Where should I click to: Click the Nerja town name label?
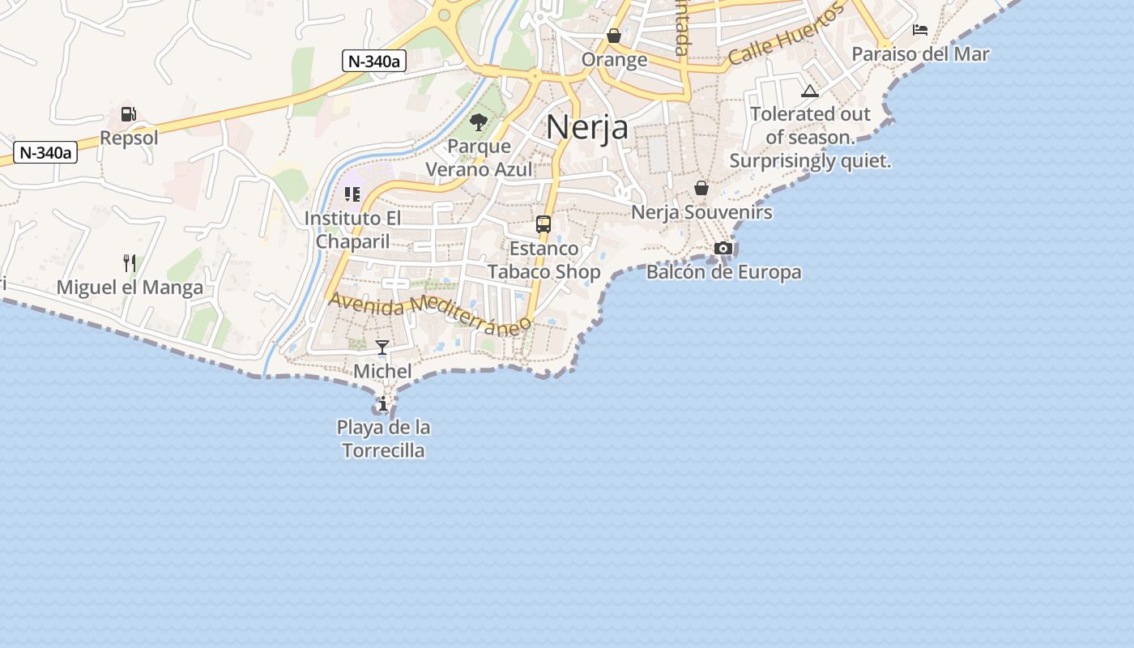(587, 127)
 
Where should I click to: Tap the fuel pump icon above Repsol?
(129, 114)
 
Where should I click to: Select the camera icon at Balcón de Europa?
(723, 248)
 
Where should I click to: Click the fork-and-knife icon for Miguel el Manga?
(130, 262)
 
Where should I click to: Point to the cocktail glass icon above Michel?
(382, 347)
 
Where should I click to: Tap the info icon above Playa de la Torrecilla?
(382, 403)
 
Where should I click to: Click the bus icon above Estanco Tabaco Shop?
(544, 224)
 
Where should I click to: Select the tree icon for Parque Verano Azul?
(479, 122)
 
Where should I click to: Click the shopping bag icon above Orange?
(614, 36)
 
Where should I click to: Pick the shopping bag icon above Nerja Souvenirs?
(701, 188)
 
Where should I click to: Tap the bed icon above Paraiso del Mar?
(920, 30)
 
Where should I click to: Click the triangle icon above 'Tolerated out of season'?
(810, 91)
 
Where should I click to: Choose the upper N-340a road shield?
(373, 61)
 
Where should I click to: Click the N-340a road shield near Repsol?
(45, 152)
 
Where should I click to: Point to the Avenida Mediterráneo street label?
(430, 313)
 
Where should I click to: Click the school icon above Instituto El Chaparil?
(352, 194)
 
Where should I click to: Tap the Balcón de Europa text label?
(723, 272)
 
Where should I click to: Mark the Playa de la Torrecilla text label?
(383, 438)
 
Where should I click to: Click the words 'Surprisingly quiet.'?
(810, 160)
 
